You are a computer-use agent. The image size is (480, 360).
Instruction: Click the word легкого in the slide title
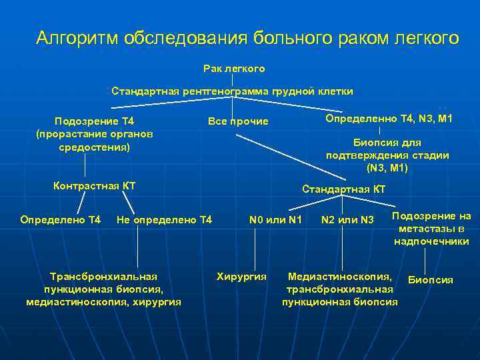[x=427, y=38]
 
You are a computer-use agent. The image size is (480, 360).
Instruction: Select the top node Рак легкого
[x=234, y=69]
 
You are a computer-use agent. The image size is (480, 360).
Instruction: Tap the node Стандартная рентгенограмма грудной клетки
[x=232, y=91]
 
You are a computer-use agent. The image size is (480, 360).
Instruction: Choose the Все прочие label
[x=238, y=121]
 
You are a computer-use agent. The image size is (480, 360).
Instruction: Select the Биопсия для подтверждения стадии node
[x=387, y=155]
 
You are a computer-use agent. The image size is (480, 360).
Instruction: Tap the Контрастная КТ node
[x=94, y=185]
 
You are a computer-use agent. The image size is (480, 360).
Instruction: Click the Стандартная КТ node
[x=343, y=189]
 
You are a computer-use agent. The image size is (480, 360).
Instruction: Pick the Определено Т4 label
[x=61, y=219]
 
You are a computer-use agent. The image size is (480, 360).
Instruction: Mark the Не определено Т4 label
[x=164, y=219]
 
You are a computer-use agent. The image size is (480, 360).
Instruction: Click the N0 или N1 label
[x=275, y=219]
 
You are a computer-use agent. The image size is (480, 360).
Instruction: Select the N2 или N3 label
[x=347, y=219]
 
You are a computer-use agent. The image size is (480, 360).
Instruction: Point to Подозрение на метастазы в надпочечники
[x=431, y=229]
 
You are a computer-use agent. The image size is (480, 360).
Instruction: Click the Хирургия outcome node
[x=241, y=276]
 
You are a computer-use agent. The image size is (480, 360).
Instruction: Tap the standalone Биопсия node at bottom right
[x=430, y=280]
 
